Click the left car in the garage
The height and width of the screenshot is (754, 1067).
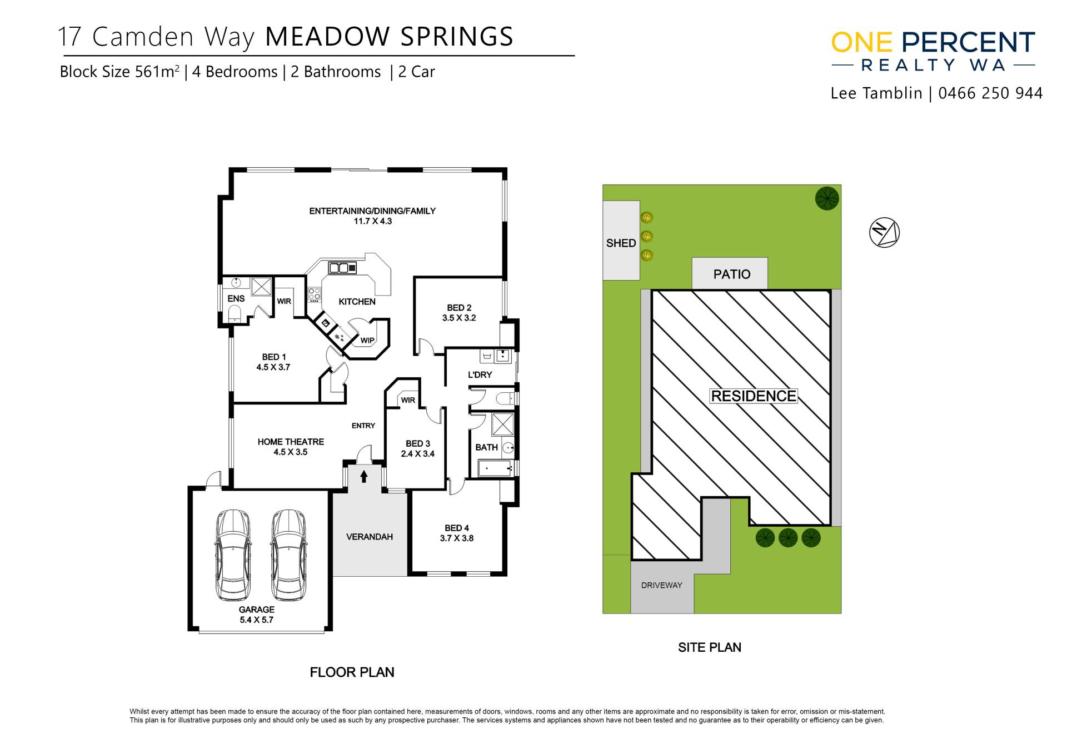233,555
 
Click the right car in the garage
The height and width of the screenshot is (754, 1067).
289,555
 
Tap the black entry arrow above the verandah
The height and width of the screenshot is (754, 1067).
364,476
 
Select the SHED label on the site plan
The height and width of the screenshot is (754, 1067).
621,243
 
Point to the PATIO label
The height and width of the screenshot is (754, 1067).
732,274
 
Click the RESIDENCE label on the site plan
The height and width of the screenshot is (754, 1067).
754,396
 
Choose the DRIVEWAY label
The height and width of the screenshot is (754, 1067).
661,585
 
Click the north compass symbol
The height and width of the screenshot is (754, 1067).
884,232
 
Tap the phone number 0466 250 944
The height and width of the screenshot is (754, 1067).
990,93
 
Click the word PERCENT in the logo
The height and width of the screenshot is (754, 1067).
968,43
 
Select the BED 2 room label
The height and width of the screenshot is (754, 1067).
459,308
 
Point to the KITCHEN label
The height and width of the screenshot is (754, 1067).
357,302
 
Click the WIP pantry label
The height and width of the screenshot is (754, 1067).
367,341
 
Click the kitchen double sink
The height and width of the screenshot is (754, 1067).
342,268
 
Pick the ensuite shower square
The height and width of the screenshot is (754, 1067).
261,287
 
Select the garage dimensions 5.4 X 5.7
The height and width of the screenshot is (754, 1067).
257,620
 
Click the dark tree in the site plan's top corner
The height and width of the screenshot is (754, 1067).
827,198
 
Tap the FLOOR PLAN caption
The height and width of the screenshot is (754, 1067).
352,672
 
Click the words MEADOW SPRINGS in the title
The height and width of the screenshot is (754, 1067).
389,37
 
